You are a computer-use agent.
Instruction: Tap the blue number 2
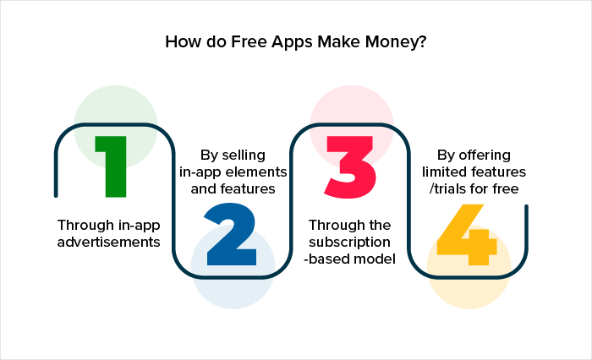pos(231,234)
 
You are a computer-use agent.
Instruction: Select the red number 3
pos(350,166)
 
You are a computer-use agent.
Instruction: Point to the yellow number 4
pos(467,234)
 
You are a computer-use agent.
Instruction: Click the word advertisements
pos(109,242)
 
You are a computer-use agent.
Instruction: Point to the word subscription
pos(349,243)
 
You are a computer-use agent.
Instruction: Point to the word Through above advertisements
pos(85,226)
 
